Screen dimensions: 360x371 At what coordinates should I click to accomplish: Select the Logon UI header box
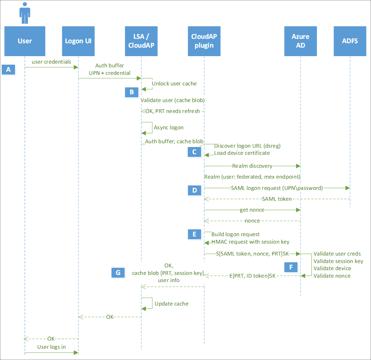[78, 41]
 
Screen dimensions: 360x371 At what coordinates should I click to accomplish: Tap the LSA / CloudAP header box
[141, 41]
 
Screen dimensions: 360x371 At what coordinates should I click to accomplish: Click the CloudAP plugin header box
[204, 41]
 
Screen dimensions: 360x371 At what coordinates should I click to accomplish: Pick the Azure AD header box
[301, 41]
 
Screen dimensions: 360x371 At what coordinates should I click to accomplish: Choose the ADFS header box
[350, 41]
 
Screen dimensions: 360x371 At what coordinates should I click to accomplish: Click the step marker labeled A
[9, 70]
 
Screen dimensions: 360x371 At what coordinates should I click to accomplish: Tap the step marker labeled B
[131, 92]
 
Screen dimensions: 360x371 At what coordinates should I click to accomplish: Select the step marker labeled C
[194, 152]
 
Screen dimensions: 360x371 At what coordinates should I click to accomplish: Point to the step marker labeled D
[194, 190]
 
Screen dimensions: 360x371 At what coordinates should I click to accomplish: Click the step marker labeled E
[194, 234]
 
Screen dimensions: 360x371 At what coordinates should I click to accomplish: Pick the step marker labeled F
[291, 267]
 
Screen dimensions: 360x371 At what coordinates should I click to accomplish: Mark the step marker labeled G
[118, 272]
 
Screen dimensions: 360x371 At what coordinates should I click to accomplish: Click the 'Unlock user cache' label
[174, 83]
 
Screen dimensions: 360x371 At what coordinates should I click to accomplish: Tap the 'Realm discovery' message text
[252, 166]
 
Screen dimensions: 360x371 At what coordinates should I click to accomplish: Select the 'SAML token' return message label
[277, 199]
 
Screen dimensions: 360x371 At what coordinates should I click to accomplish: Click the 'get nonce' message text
[252, 210]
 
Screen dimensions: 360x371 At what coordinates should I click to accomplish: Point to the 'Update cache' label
[171, 304]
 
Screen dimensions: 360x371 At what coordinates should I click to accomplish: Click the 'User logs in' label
[51, 347]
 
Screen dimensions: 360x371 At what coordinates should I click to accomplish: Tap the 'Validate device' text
[332, 268]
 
